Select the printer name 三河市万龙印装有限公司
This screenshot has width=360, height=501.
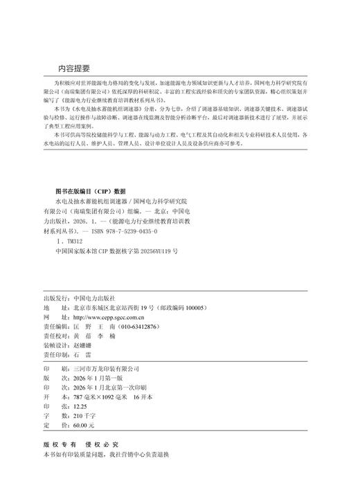(106, 369)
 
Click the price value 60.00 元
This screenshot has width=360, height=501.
(84, 424)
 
